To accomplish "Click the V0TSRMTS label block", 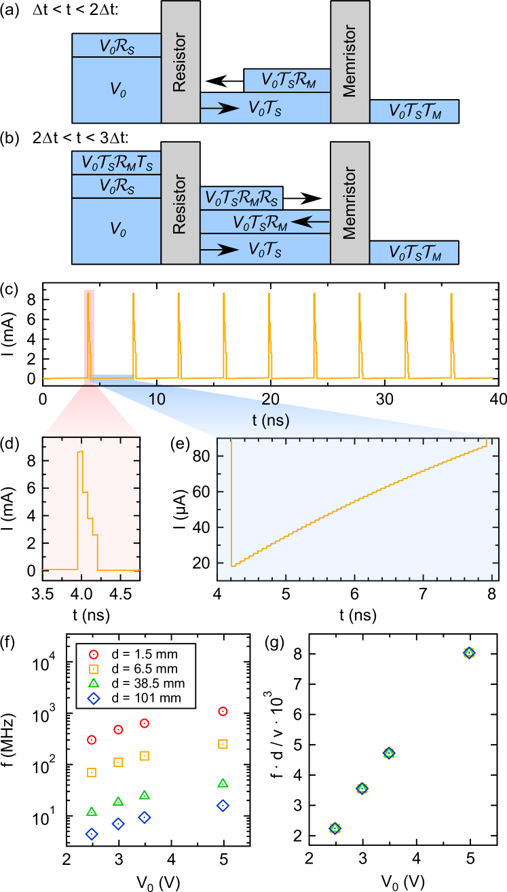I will pos(117,163).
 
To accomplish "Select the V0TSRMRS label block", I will pos(241,198).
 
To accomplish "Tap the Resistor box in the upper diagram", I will pos(180,62).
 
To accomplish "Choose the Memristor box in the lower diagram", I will pos(350,202).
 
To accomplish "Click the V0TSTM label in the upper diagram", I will pos(414,112).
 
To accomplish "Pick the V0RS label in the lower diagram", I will pos(117,187).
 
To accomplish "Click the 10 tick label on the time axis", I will pos(157,399).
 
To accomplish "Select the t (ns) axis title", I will pos(271,421).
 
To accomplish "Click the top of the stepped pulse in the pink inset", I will pos(80,451).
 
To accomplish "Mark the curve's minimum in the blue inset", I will pos(232,565).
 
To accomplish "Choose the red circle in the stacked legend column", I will pos(94,654).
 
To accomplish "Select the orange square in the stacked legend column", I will pos(94,669).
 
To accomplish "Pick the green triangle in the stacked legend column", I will pos(94,683).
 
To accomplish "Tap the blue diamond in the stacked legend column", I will pos(94,698).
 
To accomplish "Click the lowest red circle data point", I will pos(92,739).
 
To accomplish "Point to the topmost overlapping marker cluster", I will pos(469,652).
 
